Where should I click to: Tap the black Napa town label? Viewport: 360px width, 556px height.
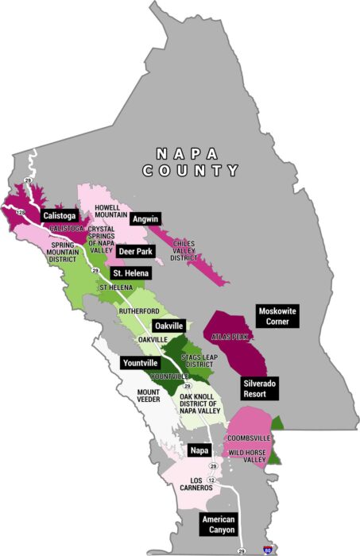tap(200, 450)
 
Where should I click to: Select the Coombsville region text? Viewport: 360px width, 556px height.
tap(249, 438)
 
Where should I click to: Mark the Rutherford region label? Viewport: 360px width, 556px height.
tap(139, 311)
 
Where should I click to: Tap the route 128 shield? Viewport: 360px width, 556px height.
tap(21, 213)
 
